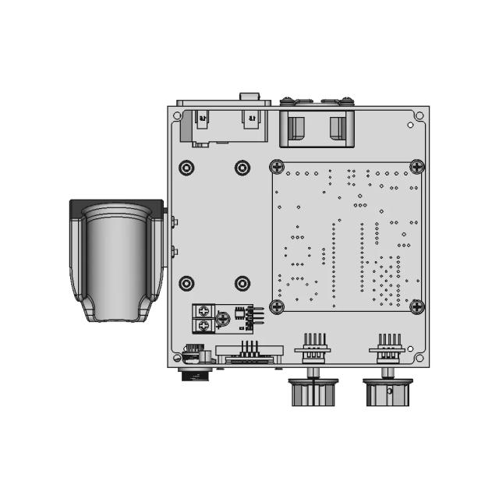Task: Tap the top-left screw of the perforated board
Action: coord(277,166)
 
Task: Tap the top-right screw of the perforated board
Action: coord(416,166)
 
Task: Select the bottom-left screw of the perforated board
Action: coord(277,306)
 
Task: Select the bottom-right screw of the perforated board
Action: coord(416,306)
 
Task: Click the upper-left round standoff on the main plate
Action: coord(186,168)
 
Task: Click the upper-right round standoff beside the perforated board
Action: coord(242,168)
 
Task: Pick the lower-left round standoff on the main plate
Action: coord(186,282)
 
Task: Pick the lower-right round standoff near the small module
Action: coord(242,282)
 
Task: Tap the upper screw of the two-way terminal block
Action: coord(203,311)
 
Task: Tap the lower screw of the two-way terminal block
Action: coord(203,324)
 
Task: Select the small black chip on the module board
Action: coord(236,316)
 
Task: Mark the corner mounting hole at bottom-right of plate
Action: coord(420,359)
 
